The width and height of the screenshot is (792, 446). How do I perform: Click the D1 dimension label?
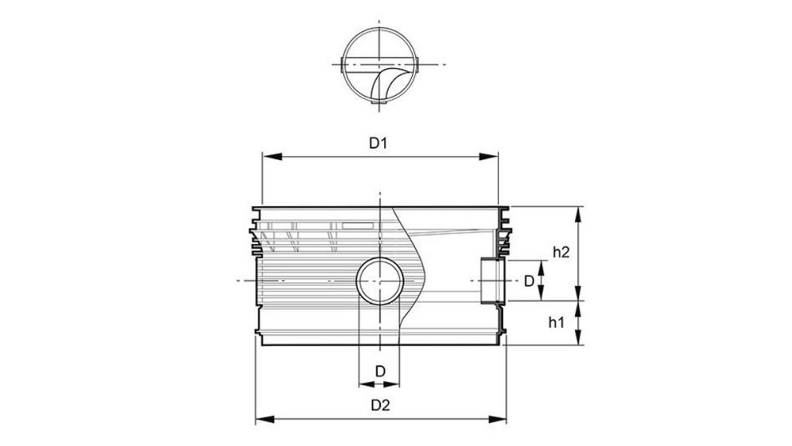[x=378, y=143]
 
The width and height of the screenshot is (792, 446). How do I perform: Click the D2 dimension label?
[x=380, y=404]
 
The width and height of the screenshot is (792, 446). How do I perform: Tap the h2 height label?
[x=560, y=252]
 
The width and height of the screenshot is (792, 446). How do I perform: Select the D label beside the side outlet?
[x=528, y=281]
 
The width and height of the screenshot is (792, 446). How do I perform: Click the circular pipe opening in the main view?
[x=380, y=281]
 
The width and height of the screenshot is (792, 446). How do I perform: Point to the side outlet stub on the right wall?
[x=493, y=281]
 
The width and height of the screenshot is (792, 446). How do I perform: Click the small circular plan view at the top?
[x=379, y=65]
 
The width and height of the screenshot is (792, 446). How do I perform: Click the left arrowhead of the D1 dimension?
[x=266, y=157]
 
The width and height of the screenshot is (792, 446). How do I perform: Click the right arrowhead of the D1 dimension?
[x=495, y=157]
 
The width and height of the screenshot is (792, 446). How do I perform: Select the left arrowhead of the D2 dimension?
[x=259, y=418]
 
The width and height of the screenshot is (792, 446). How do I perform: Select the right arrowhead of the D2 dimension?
[x=502, y=418]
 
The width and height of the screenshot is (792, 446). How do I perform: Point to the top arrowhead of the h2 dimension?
[x=578, y=210]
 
